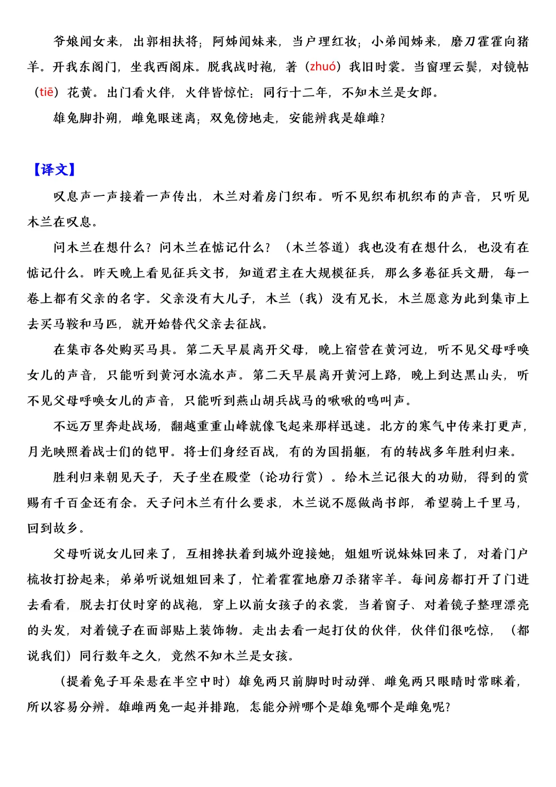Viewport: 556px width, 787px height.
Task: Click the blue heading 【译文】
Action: coord(54,170)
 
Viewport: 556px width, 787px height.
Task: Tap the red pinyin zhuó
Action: coord(323,66)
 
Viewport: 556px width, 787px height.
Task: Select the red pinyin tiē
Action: coord(46,92)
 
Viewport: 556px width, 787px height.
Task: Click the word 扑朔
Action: coord(106,118)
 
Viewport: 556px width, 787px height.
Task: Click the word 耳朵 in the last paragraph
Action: coord(133,681)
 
